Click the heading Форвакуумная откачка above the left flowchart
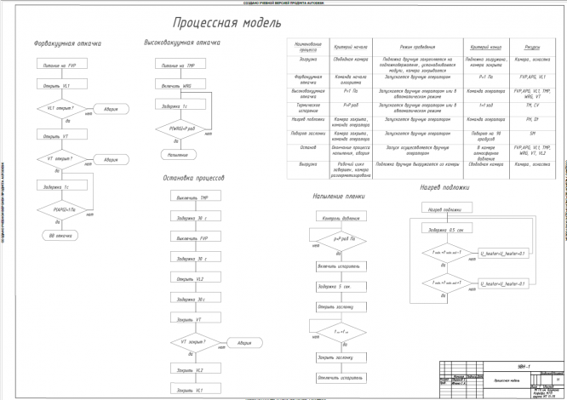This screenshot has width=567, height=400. pos(68,42)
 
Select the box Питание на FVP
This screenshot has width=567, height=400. pos(60,65)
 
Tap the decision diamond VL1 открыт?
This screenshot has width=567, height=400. pos(60,110)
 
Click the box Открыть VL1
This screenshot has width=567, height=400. pos(60,86)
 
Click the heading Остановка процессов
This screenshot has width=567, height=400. pos(193,179)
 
